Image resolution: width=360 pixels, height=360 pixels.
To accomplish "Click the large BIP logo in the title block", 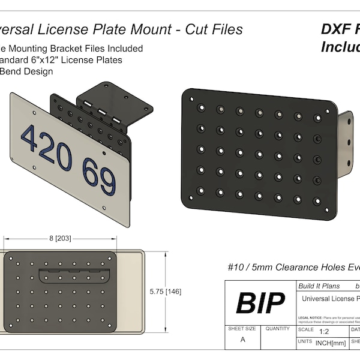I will pos(259,304).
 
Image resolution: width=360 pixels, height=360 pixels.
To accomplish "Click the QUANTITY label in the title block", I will pos(278,329).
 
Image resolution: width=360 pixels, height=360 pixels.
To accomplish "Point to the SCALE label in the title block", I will pos(307,329).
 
